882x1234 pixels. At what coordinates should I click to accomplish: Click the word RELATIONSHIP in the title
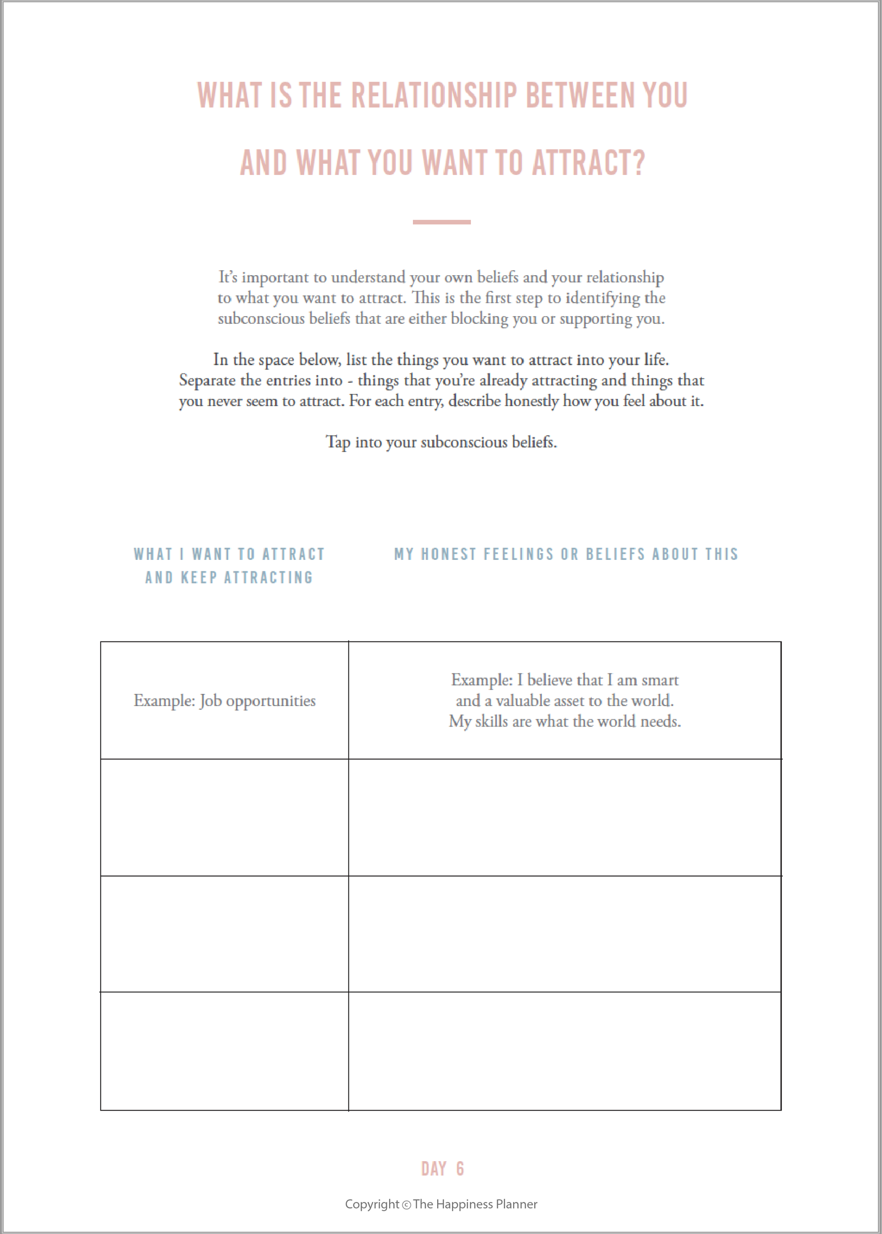coord(434,95)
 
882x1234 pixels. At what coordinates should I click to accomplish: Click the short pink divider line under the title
coord(442,222)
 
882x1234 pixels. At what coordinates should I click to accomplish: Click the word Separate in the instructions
coord(207,381)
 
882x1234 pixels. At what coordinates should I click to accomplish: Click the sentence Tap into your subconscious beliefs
coord(441,442)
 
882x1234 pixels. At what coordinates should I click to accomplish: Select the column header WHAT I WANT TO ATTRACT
coord(229,554)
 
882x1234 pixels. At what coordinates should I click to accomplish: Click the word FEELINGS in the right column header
coord(518,554)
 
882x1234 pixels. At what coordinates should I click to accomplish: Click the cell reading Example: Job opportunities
coord(224,701)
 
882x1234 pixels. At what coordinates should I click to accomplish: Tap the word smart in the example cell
coord(660,680)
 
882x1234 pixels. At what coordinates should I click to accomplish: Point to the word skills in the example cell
coord(491,722)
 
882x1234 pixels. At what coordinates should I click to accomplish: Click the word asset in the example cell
coord(569,701)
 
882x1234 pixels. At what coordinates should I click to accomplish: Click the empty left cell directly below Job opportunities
coord(224,817)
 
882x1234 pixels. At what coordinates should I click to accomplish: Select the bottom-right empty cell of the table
coord(564,1051)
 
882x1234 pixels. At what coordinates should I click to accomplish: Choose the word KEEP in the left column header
coord(199,578)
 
